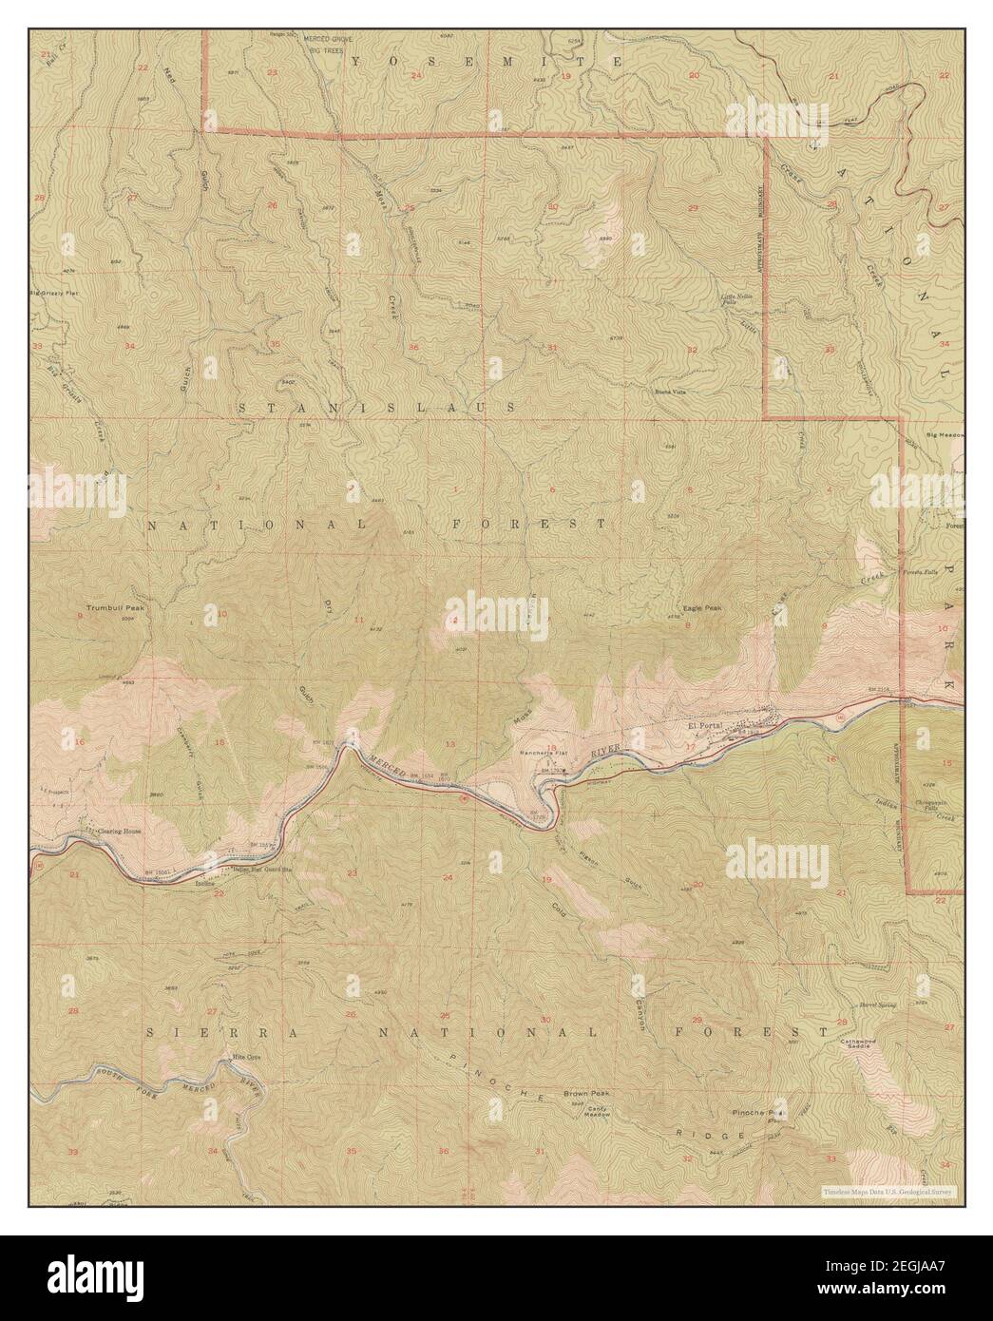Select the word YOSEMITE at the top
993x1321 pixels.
click(487, 61)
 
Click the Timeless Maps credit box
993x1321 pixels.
click(889, 1190)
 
